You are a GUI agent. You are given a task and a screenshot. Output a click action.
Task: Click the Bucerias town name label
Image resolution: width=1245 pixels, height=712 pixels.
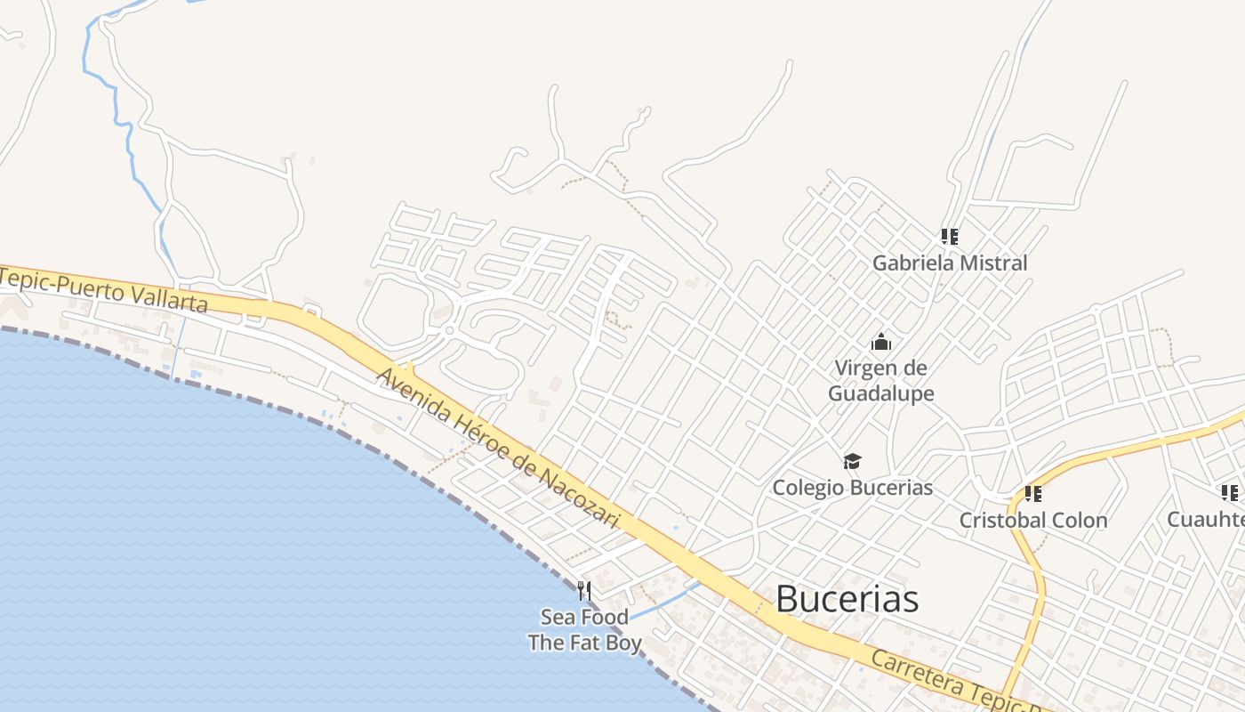[x=847, y=599]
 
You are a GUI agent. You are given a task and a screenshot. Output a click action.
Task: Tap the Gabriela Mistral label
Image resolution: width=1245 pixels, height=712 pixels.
[x=949, y=263]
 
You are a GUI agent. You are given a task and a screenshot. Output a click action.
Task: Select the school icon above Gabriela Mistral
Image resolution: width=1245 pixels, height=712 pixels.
[x=950, y=237]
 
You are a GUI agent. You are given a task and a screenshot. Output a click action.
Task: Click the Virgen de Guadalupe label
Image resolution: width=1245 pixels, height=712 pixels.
[x=880, y=380]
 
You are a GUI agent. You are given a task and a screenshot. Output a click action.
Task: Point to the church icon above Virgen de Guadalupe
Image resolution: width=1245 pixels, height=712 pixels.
[x=881, y=342]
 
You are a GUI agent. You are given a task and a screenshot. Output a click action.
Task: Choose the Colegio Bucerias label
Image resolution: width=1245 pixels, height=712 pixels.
[x=852, y=487]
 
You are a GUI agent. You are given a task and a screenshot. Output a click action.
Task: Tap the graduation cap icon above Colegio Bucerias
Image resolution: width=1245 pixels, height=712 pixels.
[x=853, y=461]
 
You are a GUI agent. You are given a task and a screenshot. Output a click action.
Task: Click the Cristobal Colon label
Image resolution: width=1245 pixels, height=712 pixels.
[x=1032, y=520]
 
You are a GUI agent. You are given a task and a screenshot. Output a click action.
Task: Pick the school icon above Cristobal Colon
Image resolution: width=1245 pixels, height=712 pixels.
[x=1032, y=493]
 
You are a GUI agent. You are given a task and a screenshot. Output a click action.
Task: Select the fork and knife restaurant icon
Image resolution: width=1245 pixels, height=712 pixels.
[x=584, y=590]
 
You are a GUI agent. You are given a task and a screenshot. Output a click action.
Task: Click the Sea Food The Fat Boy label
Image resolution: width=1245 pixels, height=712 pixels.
[x=584, y=629]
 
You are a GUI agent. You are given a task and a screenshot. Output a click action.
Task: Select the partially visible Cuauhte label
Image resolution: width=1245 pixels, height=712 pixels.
[x=1205, y=519]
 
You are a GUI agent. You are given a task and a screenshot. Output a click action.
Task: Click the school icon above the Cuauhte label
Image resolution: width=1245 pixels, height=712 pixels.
[x=1229, y=492]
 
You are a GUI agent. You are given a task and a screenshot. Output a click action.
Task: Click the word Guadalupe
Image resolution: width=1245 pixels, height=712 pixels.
[x=880, y=392]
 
